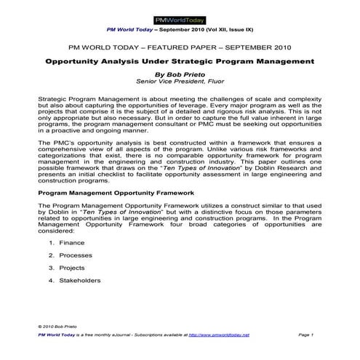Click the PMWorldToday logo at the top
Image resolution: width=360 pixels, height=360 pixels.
pyautogui.click(x=180, y=19)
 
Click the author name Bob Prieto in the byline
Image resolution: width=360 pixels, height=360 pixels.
pyautogui.click(x=180, y=73)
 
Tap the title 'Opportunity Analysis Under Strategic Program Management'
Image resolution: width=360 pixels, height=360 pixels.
pyautogui.click(x=180, y=62)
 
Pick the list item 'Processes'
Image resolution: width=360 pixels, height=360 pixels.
pyautogui.click(x=75, y=256)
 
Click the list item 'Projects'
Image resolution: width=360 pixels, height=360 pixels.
pyautogui.click(x=72, y=268)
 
